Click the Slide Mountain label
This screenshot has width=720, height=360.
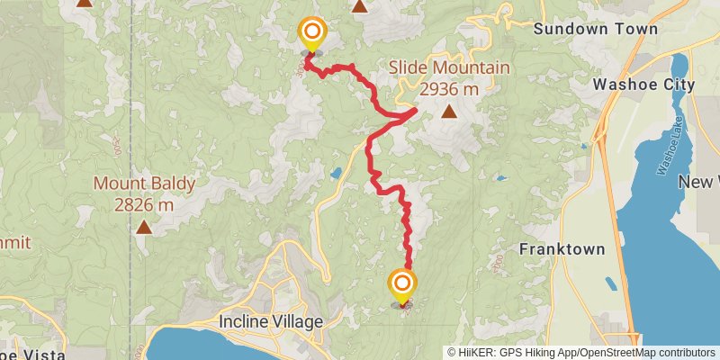tap(449, 68)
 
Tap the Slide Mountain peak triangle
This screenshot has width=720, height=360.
tap(449, 112)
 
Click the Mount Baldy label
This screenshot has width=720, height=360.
tap(144, 184)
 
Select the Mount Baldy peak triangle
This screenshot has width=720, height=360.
tap(144, 227)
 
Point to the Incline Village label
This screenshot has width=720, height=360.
tap(271, 320)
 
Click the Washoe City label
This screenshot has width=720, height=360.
tap(643, 85)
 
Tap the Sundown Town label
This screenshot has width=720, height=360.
tap(595, 29)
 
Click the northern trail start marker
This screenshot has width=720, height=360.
tap(311, 36)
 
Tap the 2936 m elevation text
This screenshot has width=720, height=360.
tap(447, 88)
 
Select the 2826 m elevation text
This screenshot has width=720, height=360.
tap(144, 204)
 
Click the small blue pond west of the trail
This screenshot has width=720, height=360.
tap(335, 172)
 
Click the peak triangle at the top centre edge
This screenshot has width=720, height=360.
tap(360, 6)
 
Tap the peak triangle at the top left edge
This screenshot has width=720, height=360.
tap(84, 3)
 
